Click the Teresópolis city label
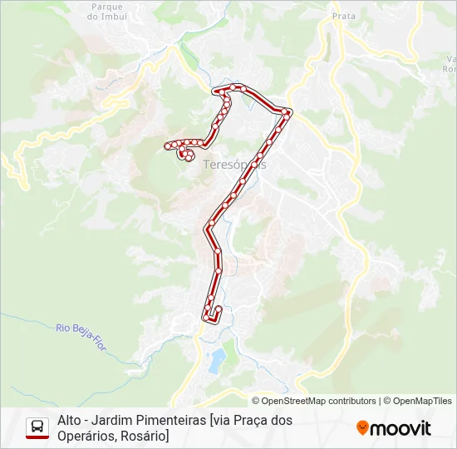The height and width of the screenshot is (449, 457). tap(235, 165)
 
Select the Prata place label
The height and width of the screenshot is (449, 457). tap(343, 15)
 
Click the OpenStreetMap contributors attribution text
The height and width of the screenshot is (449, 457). tap(313, 401)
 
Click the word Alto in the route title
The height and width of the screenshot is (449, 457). tap(70, 420)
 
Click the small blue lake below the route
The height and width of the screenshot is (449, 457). tap(217, 361)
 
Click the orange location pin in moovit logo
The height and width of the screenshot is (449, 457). tap(362, 428)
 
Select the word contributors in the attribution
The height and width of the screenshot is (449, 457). tap(348, 401)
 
